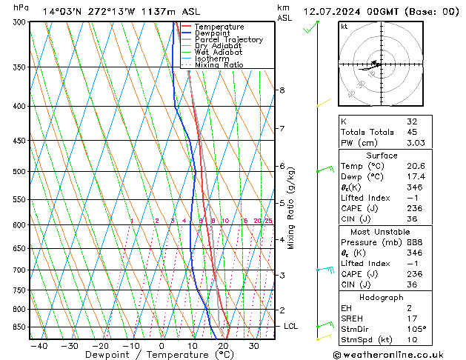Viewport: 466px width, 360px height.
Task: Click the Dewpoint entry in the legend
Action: [212, 33]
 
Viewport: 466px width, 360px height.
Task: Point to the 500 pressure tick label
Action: [18, 172]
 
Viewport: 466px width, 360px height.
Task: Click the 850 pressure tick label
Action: [18, 327]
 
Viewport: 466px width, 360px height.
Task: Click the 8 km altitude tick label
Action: [282, 90]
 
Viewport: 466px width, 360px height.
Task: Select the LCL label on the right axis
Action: [292, 326]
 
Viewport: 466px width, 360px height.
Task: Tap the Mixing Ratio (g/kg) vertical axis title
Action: [292, 208]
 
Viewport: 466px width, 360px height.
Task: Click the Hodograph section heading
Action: [382, 297]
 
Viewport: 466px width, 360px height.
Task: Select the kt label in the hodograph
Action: [344, 26]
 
